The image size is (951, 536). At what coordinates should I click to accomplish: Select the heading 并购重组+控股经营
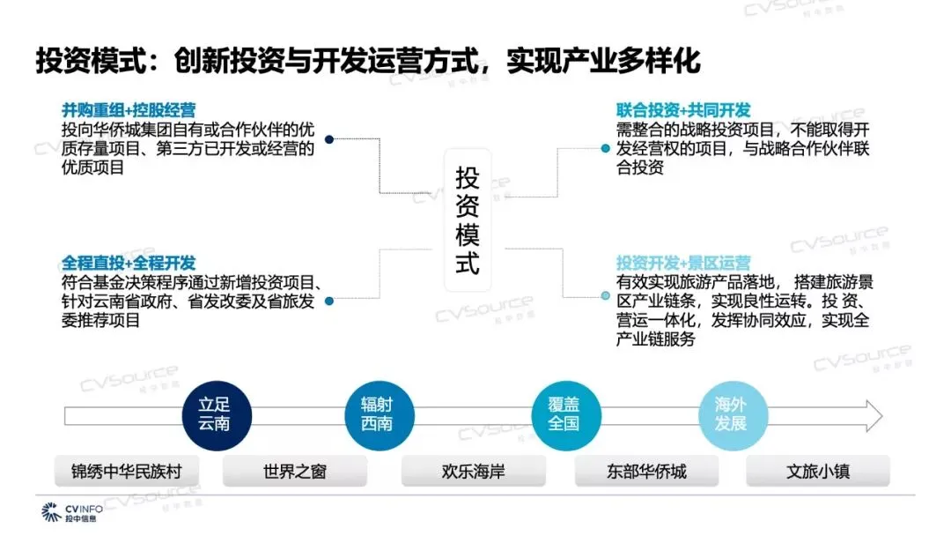129,110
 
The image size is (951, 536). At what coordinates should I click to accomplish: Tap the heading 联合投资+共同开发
683,110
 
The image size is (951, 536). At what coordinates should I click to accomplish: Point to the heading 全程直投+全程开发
129,263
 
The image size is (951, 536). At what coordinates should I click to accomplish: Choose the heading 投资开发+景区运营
683,263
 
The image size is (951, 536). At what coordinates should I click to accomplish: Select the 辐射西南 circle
378,415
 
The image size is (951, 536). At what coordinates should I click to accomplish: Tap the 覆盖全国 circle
564,415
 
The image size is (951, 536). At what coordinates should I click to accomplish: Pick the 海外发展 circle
731,415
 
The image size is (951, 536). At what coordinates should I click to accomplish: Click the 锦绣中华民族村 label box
127,472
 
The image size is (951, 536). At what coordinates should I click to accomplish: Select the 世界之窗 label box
294,472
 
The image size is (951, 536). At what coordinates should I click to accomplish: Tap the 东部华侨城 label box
646,472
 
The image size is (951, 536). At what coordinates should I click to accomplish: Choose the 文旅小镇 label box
818,472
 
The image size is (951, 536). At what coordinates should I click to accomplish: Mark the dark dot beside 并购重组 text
329,139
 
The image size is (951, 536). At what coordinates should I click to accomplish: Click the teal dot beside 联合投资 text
605,147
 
